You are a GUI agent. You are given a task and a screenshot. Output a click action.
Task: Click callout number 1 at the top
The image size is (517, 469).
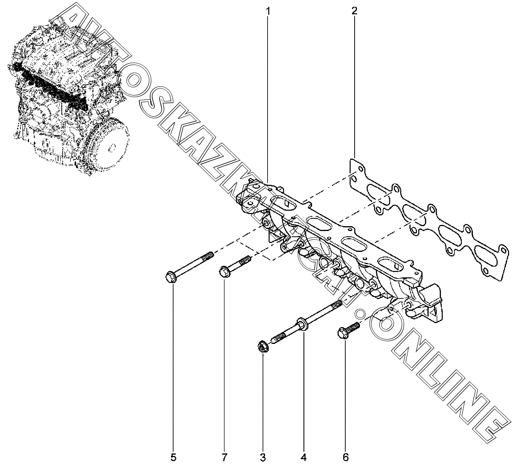point(268,11)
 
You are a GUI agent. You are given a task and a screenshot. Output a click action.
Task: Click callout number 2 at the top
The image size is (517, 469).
point(354,11)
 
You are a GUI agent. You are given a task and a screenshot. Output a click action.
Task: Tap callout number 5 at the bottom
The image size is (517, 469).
point(173,458)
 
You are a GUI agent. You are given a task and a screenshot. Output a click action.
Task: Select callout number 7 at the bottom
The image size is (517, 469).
point(224,458)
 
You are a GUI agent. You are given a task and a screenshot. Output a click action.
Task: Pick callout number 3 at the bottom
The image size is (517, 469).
point(263,458)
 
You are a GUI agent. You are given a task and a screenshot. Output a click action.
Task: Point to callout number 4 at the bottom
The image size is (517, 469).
point(303,458)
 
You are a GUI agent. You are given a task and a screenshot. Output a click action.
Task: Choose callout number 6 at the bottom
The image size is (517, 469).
point(346,458)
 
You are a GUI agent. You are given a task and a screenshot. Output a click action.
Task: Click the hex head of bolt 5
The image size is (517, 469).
point(171,277)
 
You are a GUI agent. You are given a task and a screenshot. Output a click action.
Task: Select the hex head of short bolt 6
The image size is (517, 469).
point(342,333)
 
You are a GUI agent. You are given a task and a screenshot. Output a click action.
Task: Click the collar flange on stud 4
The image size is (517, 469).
point(302,324)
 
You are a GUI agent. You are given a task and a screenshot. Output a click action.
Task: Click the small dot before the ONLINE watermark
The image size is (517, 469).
point(360,314)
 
